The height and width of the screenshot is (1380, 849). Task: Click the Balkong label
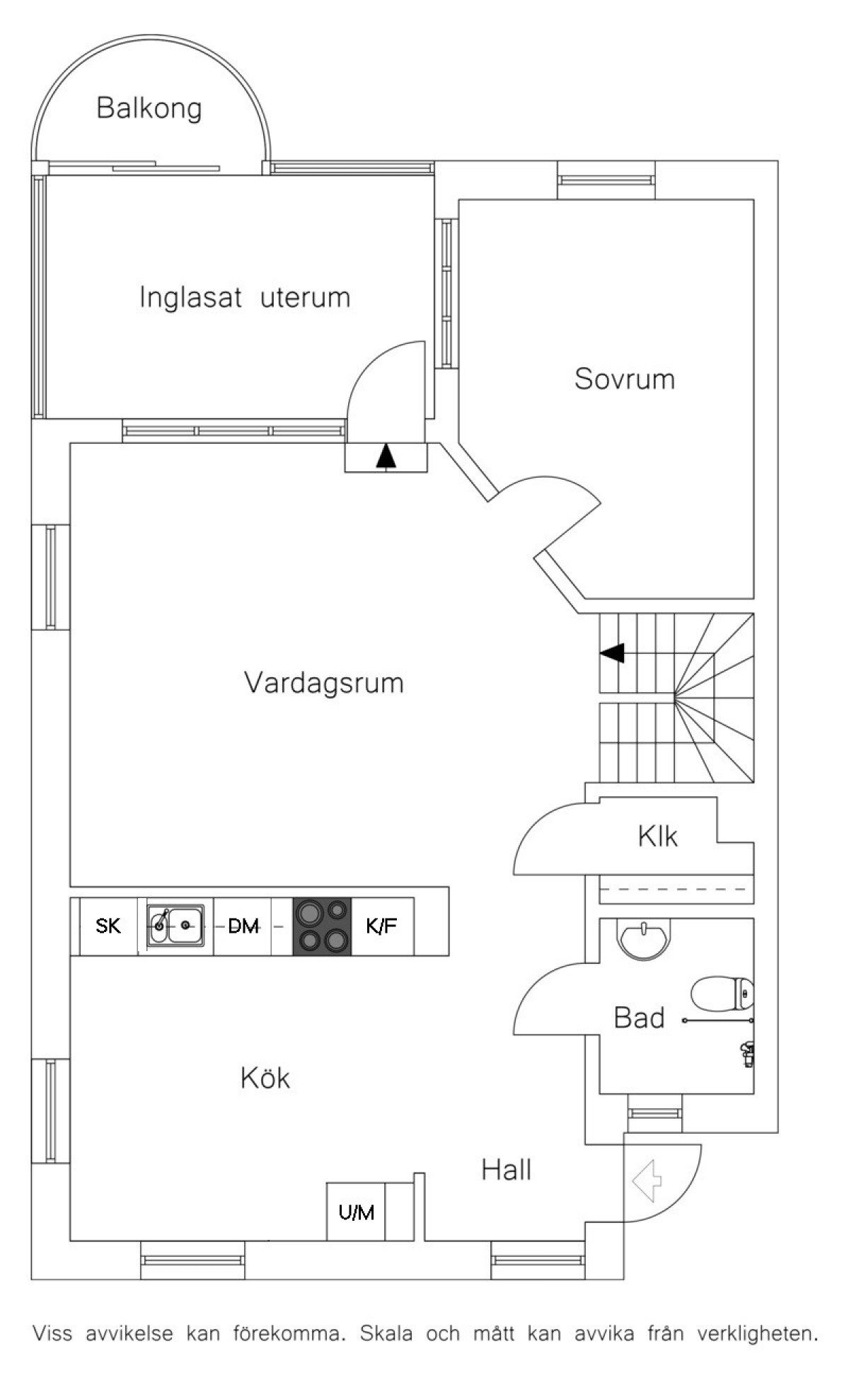point(149,109)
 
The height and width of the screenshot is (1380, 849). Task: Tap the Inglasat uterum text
point(245,297)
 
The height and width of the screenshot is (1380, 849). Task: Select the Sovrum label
point(625,379)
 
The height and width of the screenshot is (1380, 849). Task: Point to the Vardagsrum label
point(324,683)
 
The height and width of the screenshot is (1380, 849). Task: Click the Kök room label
point(265,1078)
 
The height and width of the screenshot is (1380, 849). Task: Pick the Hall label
point(507,1170)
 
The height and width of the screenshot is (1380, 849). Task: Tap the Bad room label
point(640,1018)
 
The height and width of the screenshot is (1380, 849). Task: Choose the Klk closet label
point(658,836)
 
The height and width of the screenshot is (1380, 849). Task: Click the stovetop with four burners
point(323,926)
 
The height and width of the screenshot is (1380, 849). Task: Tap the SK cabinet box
point(108,926)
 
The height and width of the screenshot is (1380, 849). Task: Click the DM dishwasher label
point(243,926)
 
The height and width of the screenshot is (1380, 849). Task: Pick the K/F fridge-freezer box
point(382,926)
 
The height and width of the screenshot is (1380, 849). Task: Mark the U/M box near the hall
point(356,1212)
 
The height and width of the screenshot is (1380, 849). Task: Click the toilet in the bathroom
point(722,994)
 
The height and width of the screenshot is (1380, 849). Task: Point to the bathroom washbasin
point(642,938)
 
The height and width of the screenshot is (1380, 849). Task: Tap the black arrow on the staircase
point(612,652)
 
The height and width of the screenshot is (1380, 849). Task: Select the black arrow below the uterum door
point(386,456)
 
